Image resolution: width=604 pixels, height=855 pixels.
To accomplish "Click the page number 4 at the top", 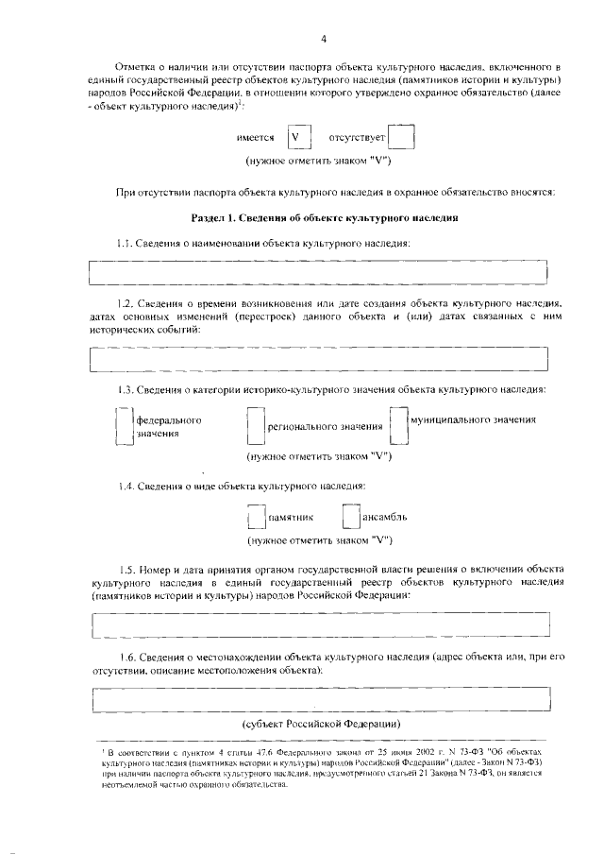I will click(323, 39).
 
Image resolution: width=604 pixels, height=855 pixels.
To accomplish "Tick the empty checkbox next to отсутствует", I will click(401, 138).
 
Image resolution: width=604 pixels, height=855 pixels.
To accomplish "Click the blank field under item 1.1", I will click(318, 271).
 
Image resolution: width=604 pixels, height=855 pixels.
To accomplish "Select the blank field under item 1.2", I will click(318, 359).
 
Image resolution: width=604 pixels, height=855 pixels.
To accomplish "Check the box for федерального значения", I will click(123, 425).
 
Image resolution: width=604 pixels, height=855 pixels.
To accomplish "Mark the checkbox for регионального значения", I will click(254, 426).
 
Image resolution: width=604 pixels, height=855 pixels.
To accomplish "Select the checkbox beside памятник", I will click(255, 518).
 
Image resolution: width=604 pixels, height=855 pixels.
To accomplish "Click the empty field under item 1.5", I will click(318, 625).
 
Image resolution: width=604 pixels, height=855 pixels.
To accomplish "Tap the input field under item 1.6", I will click(318, 700).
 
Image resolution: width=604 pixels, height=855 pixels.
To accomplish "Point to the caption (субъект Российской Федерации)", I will click(318, 725).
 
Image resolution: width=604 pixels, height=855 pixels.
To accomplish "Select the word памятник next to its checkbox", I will click(291, 519).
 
